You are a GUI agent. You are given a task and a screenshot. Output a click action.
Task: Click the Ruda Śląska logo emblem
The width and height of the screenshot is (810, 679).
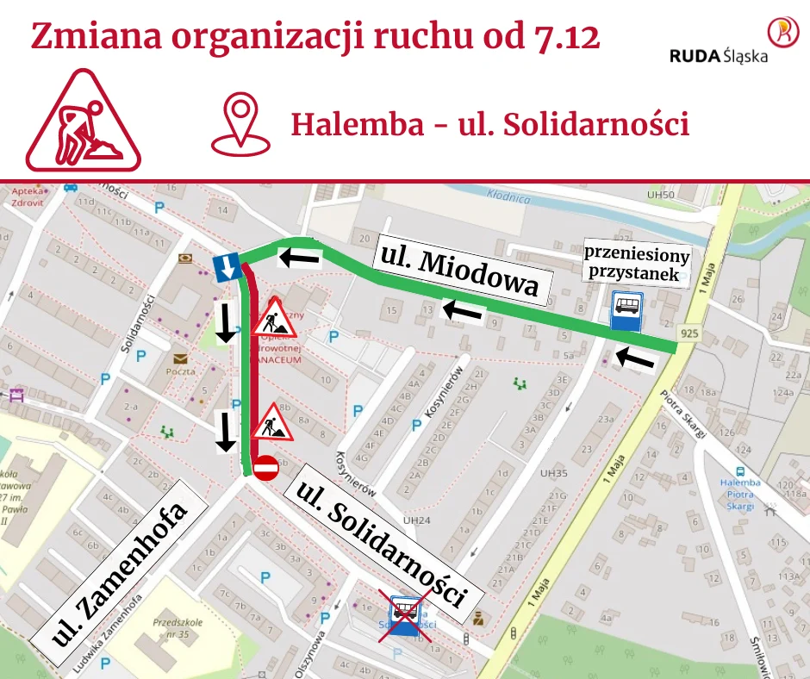click(782, 32)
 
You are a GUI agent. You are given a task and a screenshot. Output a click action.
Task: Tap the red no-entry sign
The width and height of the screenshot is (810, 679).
click(265, 468)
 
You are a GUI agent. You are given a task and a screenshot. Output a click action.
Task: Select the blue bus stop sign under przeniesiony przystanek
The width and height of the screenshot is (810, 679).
click(626, 310)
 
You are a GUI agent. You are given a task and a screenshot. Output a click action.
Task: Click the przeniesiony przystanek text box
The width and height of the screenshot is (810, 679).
click(638, 265)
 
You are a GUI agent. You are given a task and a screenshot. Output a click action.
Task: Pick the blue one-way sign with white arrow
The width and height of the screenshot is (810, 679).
click(226, 267)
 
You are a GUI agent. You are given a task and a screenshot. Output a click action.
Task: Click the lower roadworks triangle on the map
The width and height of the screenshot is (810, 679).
click(272, 422)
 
